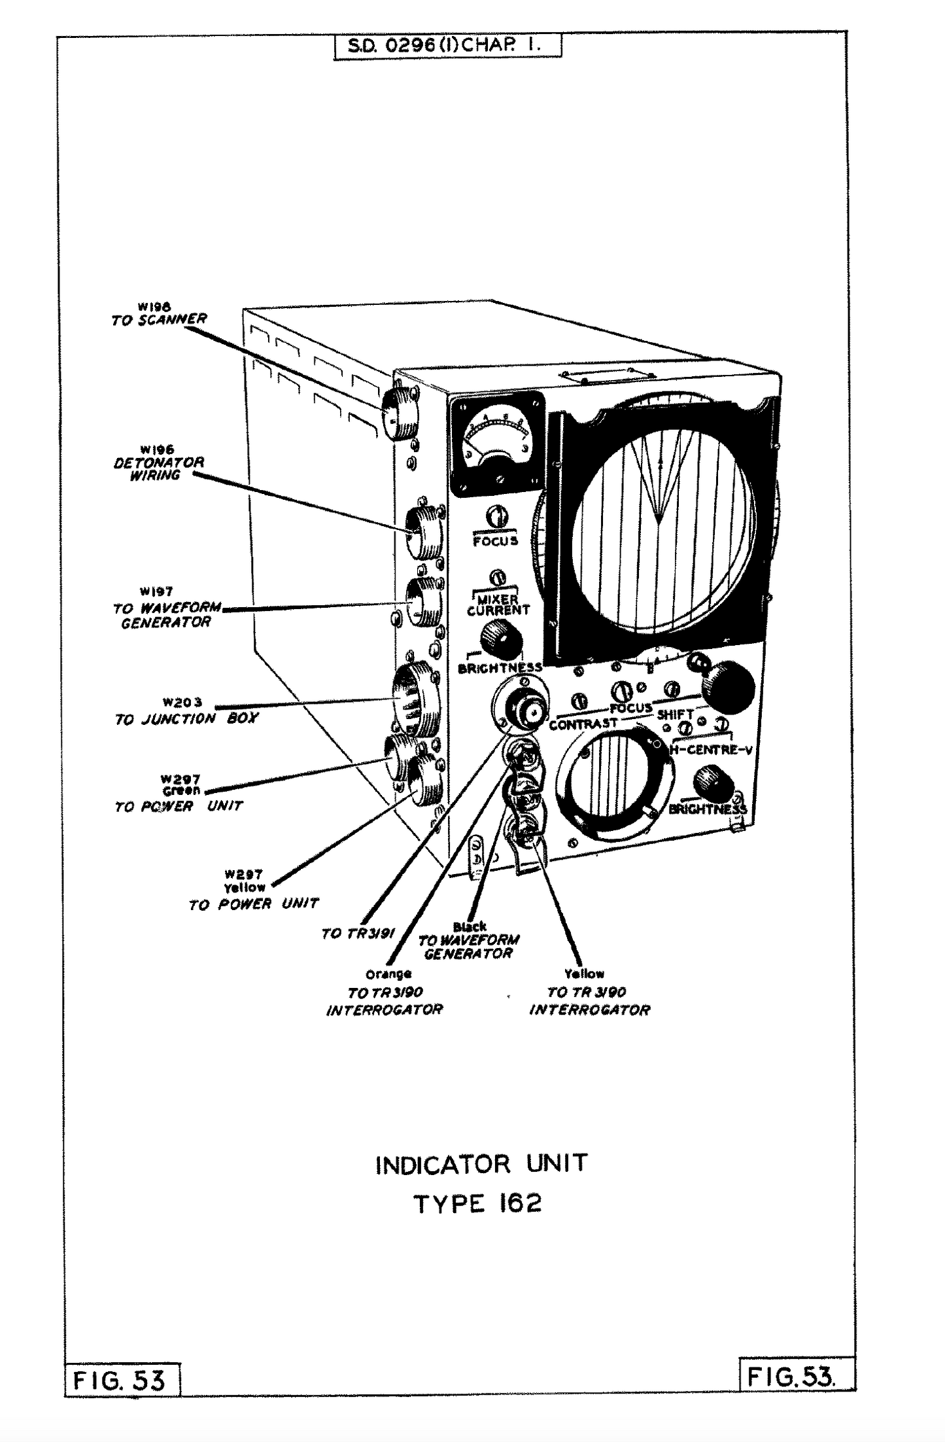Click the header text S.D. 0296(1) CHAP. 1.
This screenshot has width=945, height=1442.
coord(447,46)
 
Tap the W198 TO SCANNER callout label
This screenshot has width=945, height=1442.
coord(159,315)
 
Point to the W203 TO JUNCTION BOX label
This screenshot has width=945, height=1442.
coord(186,712)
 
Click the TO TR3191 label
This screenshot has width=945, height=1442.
coord(358,934)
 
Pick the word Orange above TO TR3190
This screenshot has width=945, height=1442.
coord(388,974)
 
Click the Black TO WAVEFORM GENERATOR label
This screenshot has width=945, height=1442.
coord(469,940)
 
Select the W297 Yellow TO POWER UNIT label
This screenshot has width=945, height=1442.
coord(252,890)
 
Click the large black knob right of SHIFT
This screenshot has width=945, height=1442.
coord(729,687)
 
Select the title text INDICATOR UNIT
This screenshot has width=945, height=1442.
coord(481,1165)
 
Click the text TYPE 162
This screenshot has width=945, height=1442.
coord(478,1204)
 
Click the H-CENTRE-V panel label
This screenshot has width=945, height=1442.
coord(712,750)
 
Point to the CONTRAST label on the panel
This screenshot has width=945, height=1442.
coord(583,724)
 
